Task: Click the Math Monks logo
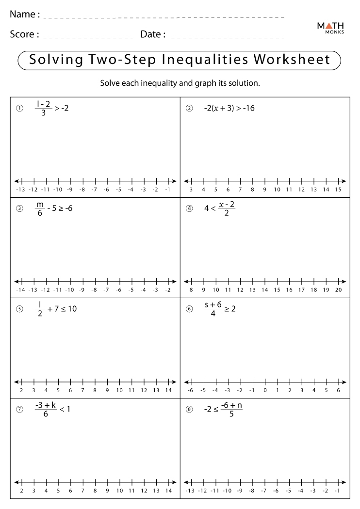(x=330, y=28)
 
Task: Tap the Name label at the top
(x=25, y=15)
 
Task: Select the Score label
(x=25, y=34)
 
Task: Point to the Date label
(x=153, y=34)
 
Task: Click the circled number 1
(x=19, y=109)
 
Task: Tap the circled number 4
(x=189, y=209)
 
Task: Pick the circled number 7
(x=19, y=409)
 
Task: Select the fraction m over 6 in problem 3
(x=39, y=209)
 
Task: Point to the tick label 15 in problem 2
(x=338, y=190)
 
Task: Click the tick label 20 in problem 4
(x=338, y=290)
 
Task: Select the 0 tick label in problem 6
(x=265, y=390)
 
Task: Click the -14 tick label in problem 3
(x=20, y=290)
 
